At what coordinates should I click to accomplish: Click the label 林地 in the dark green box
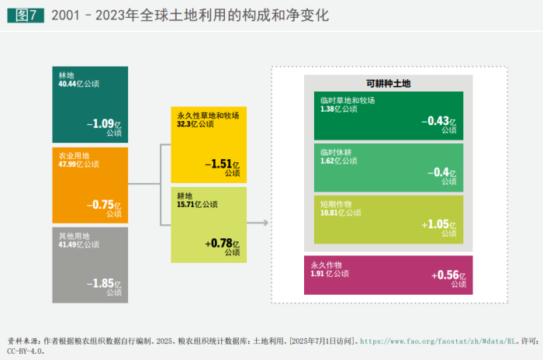coord(66,74)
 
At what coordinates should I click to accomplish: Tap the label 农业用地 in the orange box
coord(74,156)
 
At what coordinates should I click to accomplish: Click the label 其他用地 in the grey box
coord(74,236)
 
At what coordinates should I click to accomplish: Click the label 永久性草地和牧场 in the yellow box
coord(208,116)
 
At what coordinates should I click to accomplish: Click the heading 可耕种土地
coord(388,83)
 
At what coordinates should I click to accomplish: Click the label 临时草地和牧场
coord(348,101)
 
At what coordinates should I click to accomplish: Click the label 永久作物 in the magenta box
coord(325,265)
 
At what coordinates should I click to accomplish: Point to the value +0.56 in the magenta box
coord(444,275)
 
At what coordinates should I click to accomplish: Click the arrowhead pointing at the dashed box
coord(265,223)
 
